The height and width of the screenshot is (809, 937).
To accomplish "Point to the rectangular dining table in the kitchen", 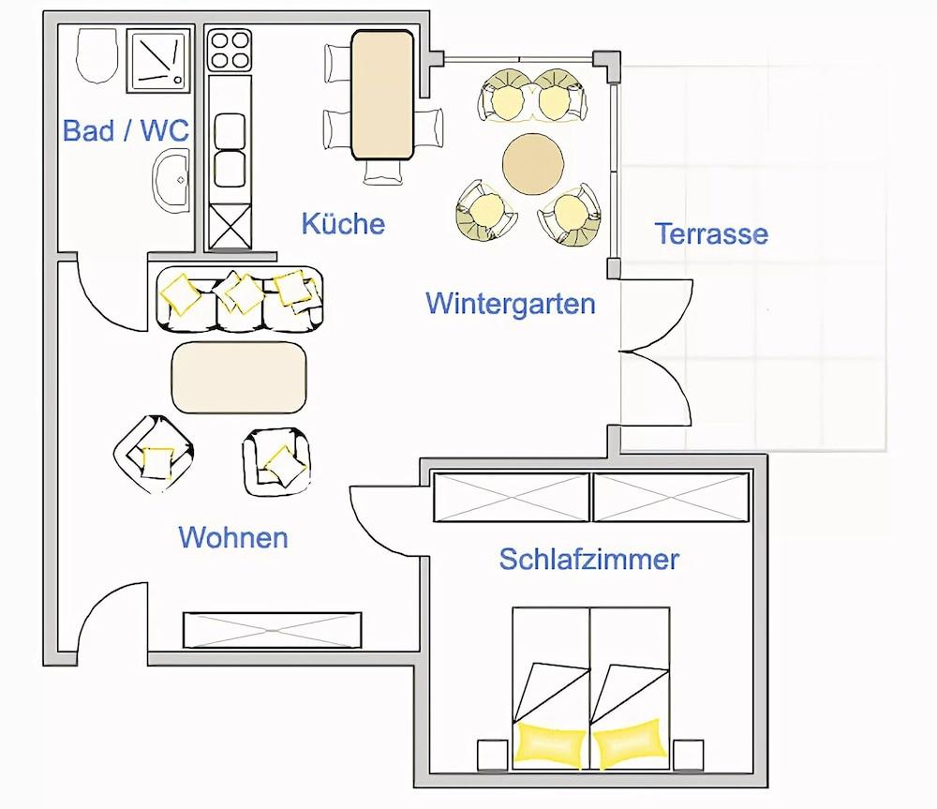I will tap(382, 95).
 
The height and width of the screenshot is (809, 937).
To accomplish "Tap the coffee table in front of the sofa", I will tap(239, 377).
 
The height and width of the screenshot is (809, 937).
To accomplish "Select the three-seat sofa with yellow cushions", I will tap(239, 298).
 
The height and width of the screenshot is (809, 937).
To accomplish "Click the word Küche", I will tap(343, 224).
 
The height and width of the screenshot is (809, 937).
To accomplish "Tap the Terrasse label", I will tap(711, 233).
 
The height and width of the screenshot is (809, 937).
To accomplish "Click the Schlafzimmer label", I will tap(588, 560).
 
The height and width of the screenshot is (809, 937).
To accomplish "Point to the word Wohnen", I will tap(233, 538).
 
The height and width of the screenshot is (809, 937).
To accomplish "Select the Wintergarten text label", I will tap(511, 304).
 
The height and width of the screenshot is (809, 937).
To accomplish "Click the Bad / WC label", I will tap(126, 130).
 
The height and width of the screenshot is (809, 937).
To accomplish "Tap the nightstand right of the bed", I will tap(688, 754).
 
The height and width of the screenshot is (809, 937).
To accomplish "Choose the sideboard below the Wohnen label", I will tap(272, 629).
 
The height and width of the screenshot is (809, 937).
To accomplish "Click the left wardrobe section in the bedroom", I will tap(512, 498).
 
